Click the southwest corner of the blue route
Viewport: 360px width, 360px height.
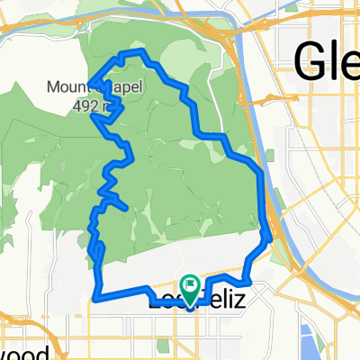click(96, 296)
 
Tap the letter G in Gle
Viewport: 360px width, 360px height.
click(309, 61)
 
